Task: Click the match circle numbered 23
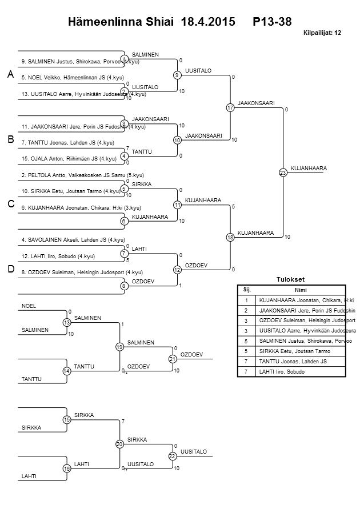click(282, 173)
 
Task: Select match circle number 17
click(230, 107)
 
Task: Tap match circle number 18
click(230, 237)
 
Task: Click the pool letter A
click(10, 75)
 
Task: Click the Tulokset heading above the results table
click(290, 279)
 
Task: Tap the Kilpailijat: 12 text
click(322, 33)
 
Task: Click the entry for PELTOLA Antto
click(82, 175)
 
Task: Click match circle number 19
click(119, 347)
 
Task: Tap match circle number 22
click(172, 456)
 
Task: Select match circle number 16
click(67, 468)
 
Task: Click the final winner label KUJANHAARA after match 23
click(309, 169)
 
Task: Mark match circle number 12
click(177, 269)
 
